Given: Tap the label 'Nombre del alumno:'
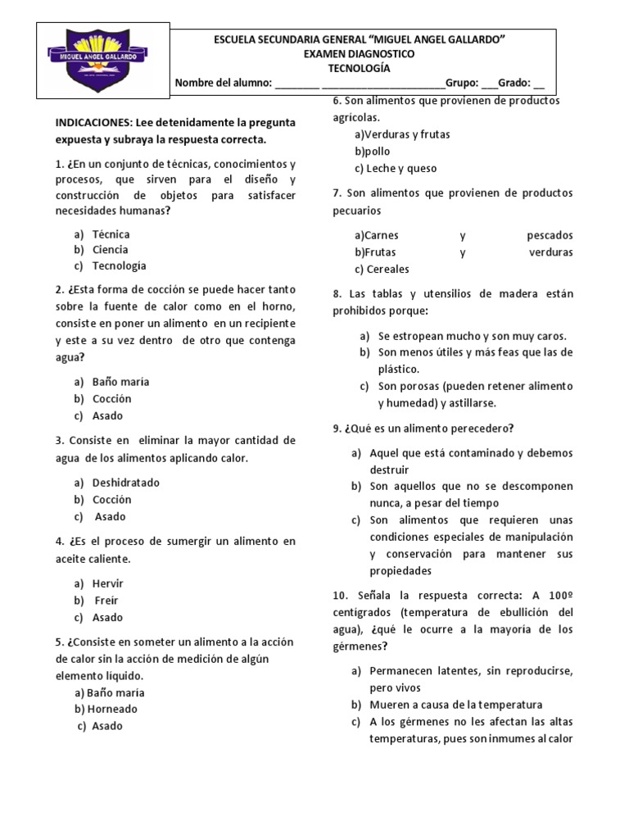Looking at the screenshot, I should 223,83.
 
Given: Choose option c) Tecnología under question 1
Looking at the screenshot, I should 119,265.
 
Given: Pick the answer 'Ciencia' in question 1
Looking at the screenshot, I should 111,250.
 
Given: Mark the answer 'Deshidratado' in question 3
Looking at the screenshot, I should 125,483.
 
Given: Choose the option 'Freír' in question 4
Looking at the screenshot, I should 106,601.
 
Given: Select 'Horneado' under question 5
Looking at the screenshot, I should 112,709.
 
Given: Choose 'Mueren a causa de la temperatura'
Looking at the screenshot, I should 456,705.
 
